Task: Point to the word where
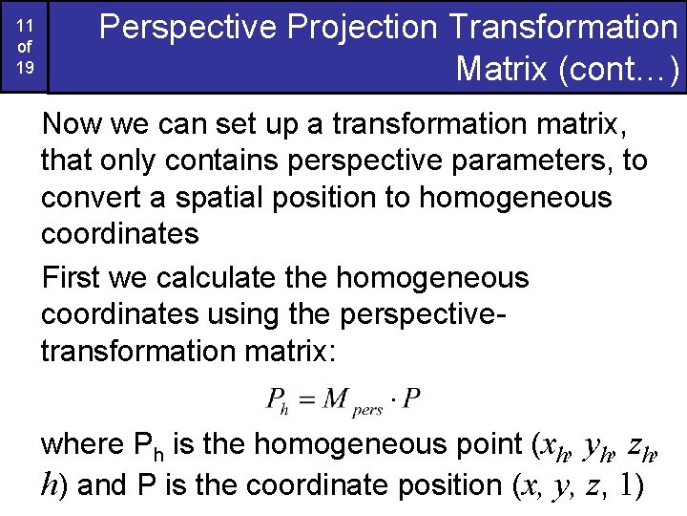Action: pos(80,444)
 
